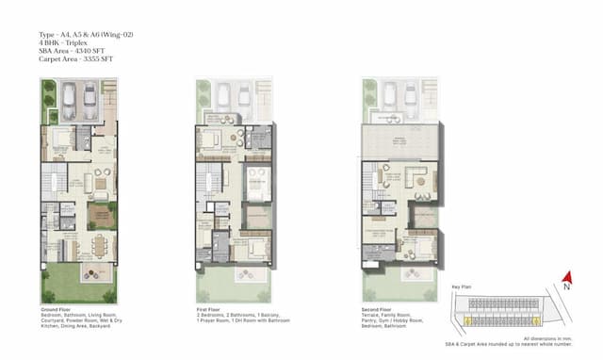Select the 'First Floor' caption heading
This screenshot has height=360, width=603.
209,308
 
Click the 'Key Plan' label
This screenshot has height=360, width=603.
461,284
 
